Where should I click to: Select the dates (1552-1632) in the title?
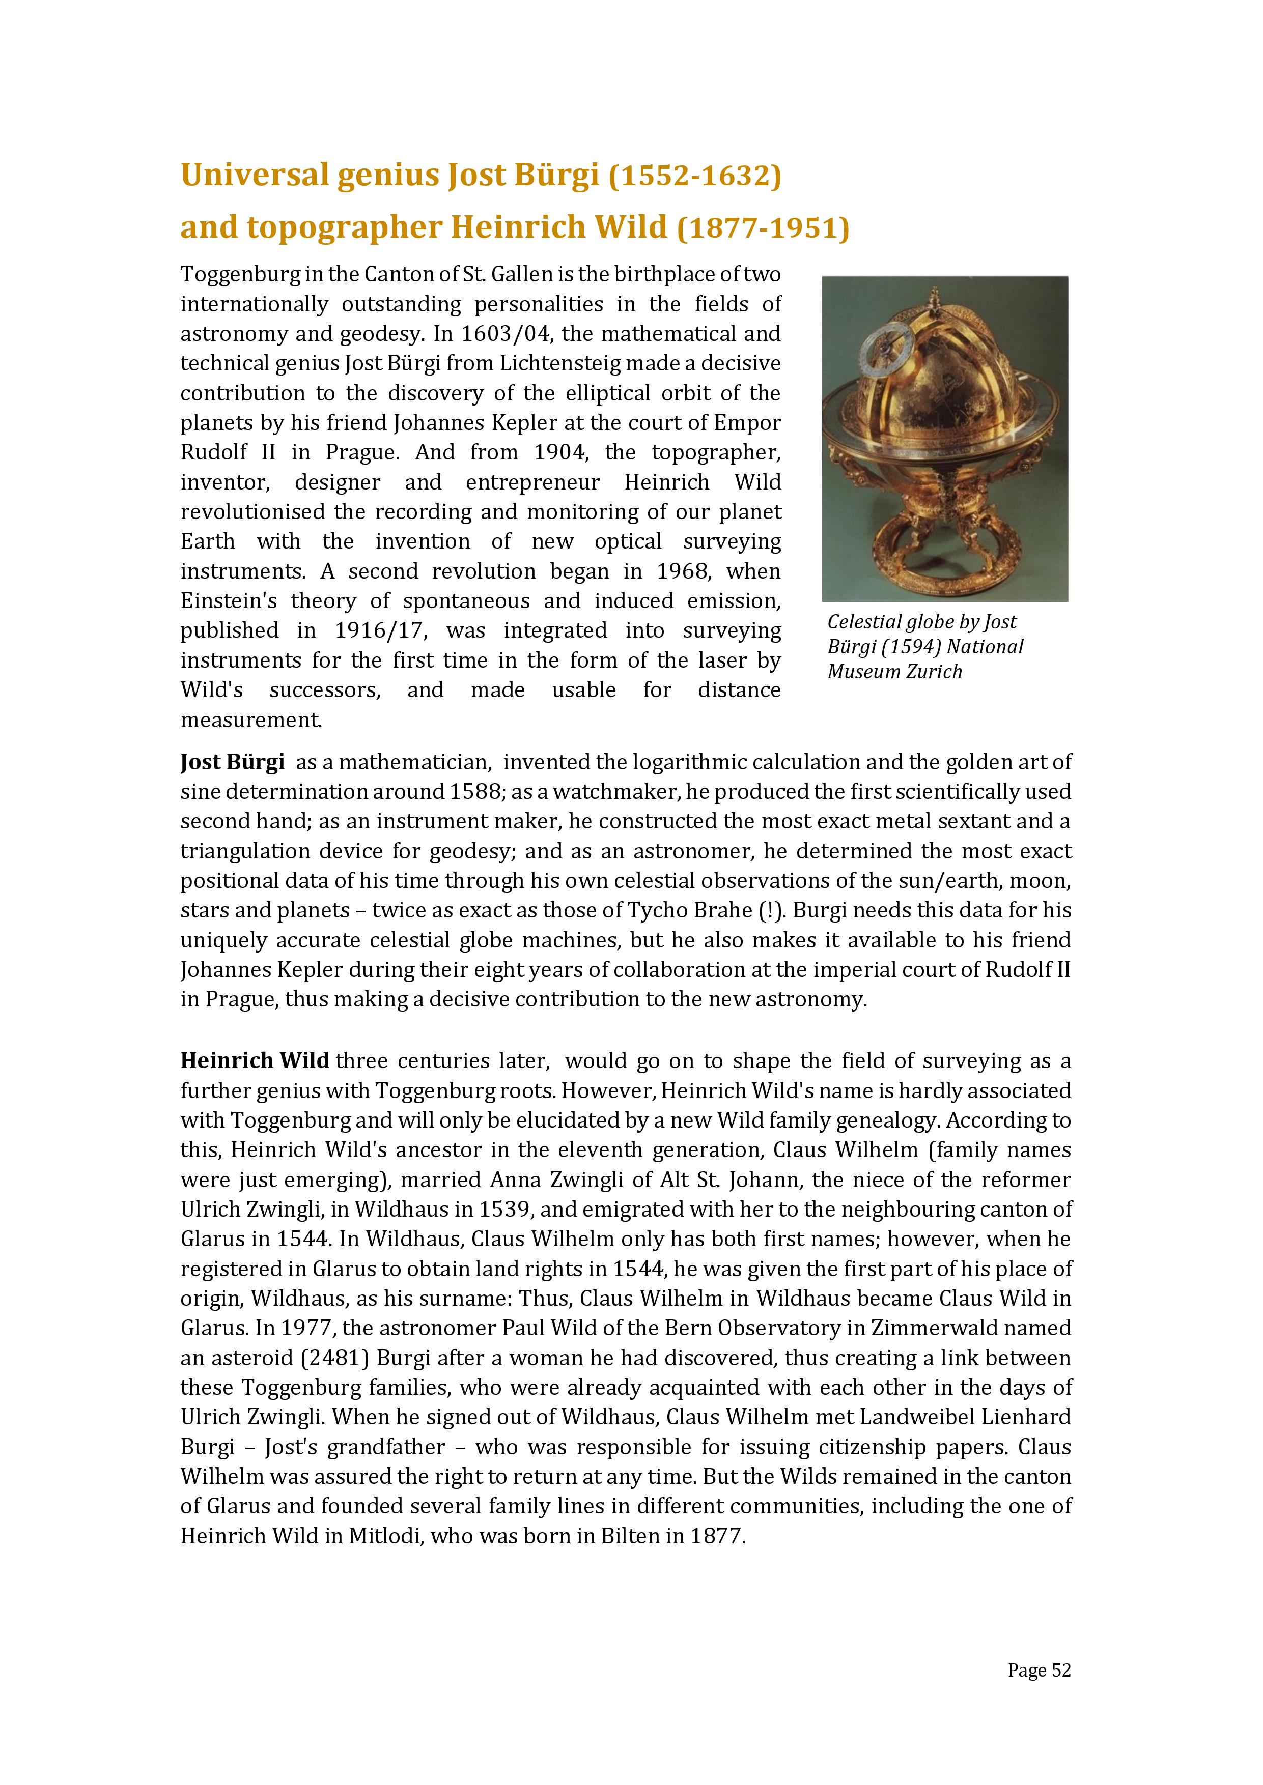click(x=694, y=176)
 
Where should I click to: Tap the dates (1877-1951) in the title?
click(x=763, y=228)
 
